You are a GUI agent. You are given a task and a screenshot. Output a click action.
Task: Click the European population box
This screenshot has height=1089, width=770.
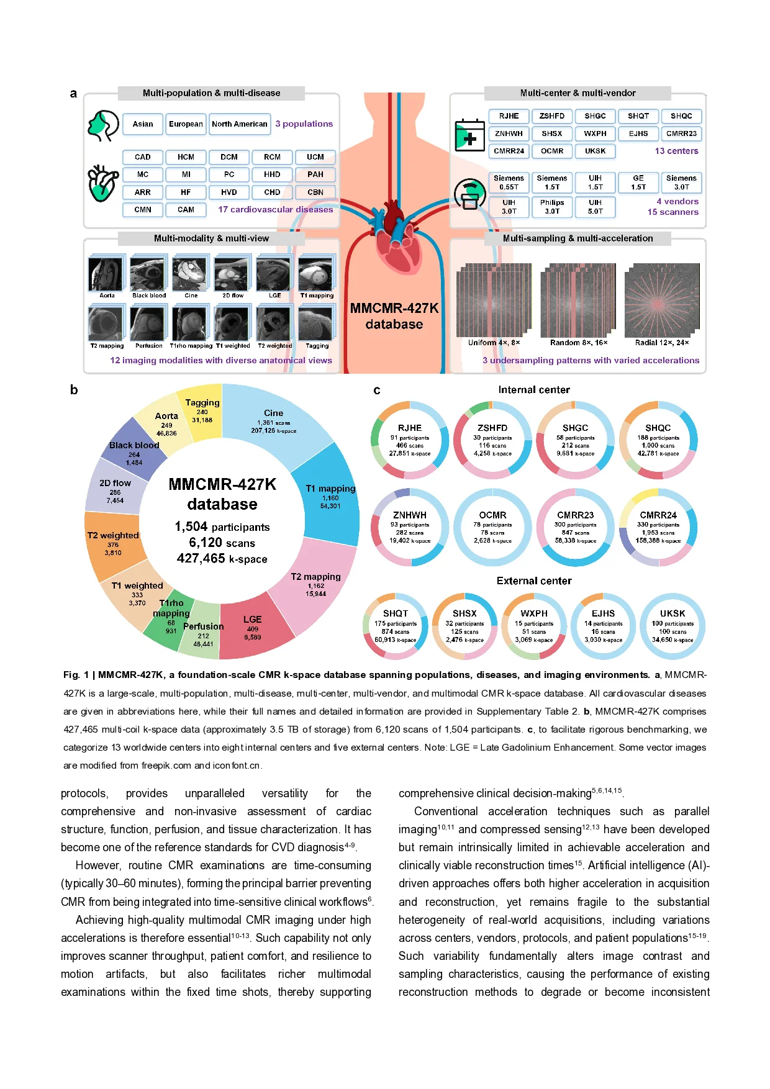coord(186,124)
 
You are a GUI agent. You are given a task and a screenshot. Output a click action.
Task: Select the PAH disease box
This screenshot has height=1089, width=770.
coord(315,174)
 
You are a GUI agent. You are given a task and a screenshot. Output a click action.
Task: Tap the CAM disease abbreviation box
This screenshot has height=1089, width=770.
coord(186,210)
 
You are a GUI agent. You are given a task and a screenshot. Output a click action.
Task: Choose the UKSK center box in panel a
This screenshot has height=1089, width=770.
coord(595,151)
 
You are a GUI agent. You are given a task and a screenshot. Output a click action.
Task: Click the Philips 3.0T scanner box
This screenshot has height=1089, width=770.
coord(551,207)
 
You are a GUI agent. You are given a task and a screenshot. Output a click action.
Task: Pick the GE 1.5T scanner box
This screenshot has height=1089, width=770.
coord(638,182)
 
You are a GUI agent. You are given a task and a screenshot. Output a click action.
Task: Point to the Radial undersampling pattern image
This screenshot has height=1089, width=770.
coord(661,300)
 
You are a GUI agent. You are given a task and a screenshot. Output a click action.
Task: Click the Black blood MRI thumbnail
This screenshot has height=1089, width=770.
coord(148,273)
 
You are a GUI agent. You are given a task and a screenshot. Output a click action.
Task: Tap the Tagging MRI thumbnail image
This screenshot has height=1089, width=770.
coord(316,323)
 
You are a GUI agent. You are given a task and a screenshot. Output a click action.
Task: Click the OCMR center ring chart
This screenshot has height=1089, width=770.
coord(492,527)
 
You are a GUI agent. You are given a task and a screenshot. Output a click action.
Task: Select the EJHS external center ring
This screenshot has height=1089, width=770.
coord(603,626)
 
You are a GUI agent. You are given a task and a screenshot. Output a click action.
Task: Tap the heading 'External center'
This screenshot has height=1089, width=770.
coord(534,581)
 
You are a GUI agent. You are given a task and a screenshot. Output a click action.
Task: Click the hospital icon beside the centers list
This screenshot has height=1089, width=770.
coord(469,135)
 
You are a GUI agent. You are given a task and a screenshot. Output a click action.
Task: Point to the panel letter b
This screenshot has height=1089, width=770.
coord(74,390)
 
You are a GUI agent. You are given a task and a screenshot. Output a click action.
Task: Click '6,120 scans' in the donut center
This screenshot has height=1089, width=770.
coord(222,543)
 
